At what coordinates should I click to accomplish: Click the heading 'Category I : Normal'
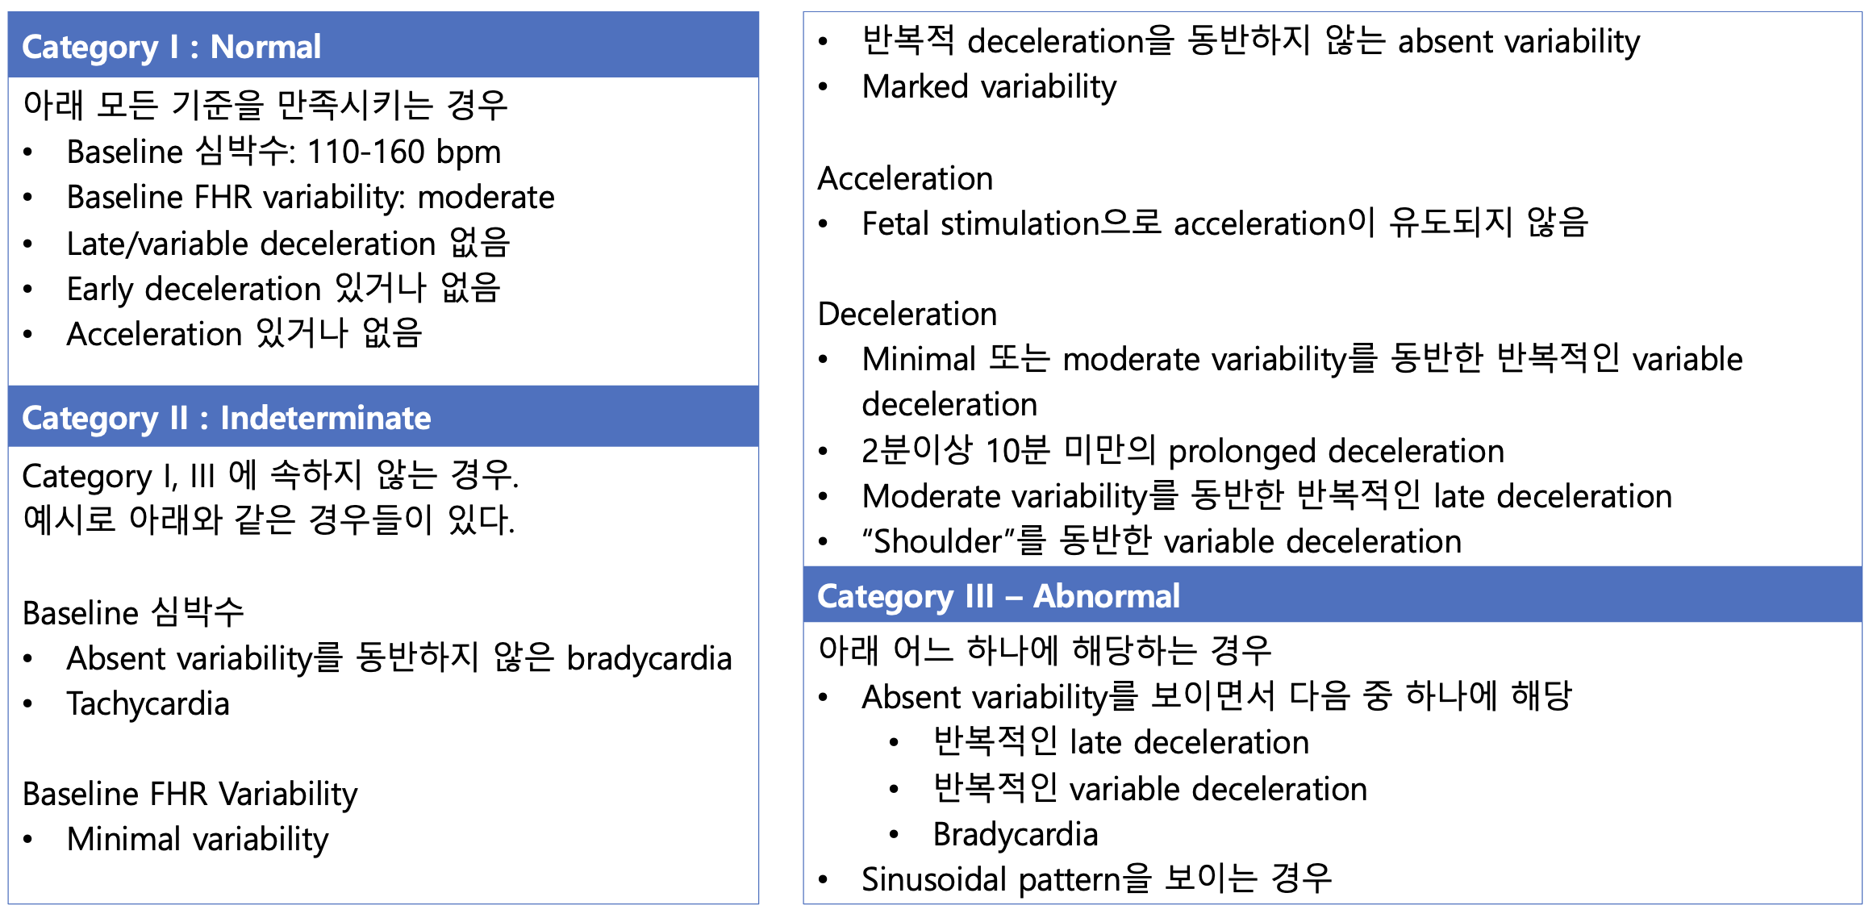click(171, 47)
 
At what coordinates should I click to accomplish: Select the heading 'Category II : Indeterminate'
click(226, 419)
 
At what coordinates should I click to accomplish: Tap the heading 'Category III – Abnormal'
click(999, 597)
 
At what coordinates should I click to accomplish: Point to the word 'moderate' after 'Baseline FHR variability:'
click(486, 198)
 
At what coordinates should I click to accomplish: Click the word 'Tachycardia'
click(148, 704)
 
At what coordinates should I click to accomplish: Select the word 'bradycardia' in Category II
click(649, 658)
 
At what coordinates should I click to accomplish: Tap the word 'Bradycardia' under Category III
click(1016, 835)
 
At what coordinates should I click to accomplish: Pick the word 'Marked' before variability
click(915, 86)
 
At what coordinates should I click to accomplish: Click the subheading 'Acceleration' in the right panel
click(905, 178)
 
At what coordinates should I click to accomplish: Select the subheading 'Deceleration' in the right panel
click(907, 314)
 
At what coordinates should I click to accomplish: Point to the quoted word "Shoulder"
click(932, 541)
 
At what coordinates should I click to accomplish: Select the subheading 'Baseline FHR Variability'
click(190, 795)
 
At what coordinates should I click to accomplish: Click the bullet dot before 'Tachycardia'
click(28, 704)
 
